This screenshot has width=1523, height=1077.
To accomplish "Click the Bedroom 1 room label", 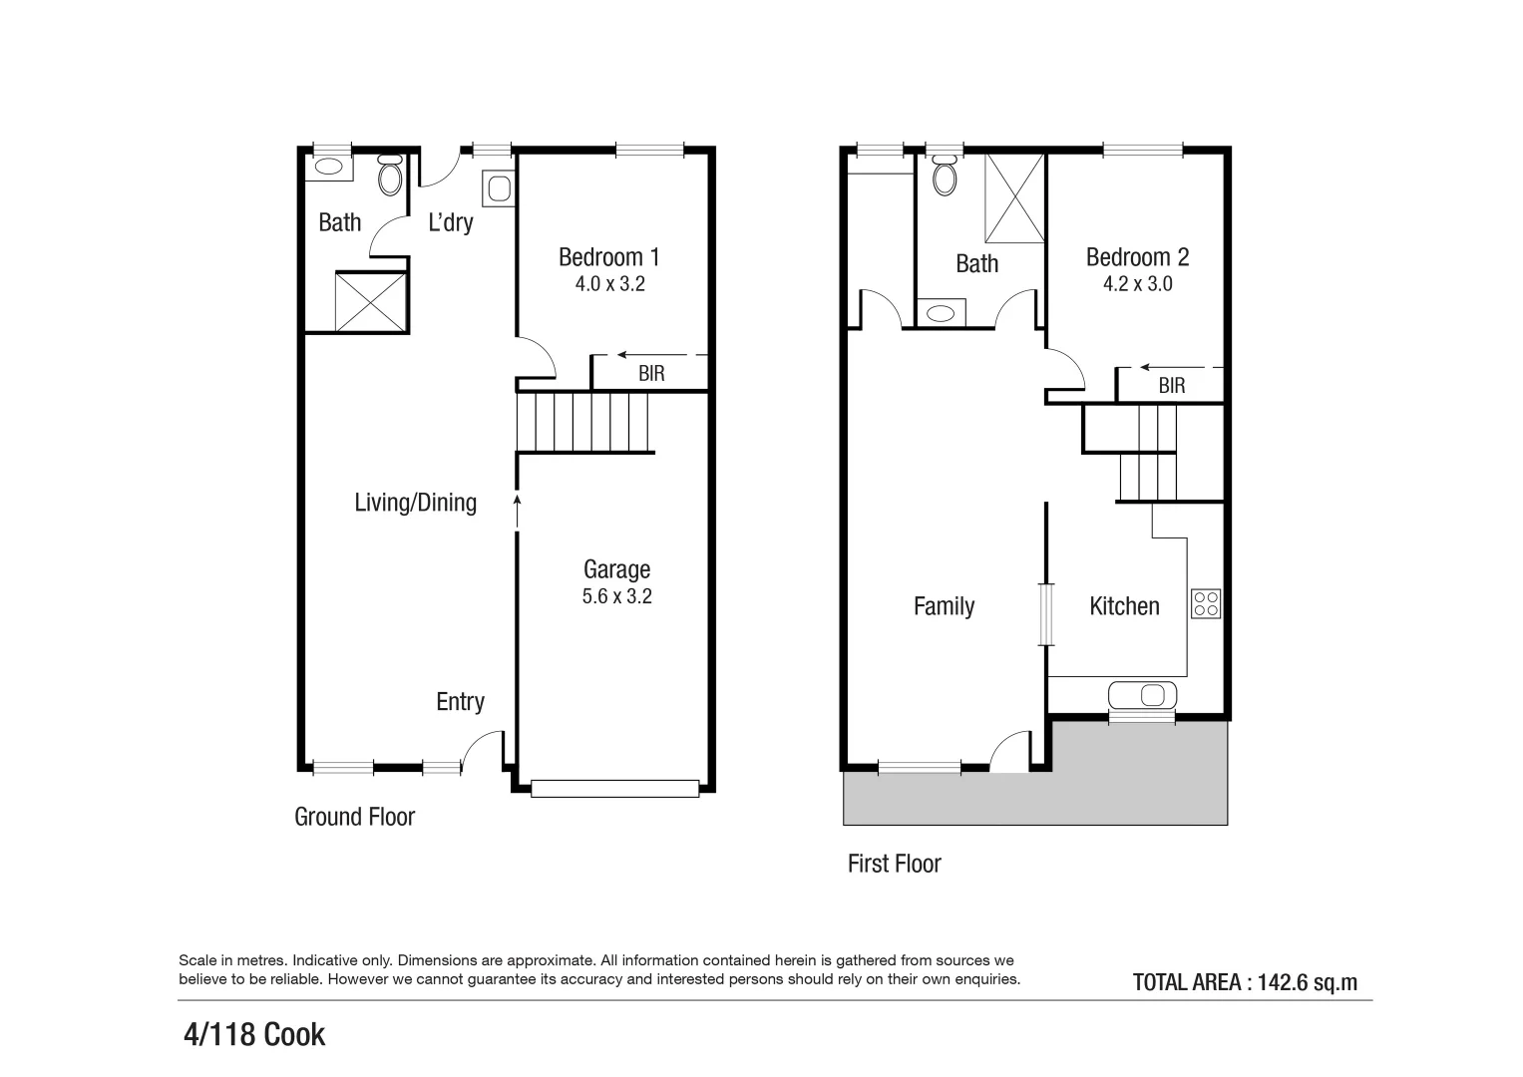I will coord(608,257).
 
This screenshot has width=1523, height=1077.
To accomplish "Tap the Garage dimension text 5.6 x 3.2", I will coord(616,596).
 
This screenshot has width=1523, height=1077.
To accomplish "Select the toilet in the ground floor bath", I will coord(390,178).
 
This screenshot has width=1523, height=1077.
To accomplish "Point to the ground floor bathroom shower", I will coord(371,301).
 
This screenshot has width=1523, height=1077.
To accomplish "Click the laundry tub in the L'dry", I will coord(499,188).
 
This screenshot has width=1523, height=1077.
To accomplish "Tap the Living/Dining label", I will coord(415,503).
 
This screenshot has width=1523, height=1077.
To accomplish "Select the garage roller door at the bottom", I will coord(614,788).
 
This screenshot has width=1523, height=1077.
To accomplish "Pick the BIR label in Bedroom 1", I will coord(651,374).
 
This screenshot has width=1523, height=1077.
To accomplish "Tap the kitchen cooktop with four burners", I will coord(1206,604).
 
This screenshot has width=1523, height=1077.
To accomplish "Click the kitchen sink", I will coord(1143,694).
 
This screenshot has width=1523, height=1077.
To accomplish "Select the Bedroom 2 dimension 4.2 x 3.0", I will coord(1137,284).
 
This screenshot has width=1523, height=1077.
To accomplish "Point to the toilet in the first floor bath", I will coord(944,177).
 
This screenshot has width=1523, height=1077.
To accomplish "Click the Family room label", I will coord(944,606).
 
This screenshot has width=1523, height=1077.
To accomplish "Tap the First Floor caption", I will coord(894,864).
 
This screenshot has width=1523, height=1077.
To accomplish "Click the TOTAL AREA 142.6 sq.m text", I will coord(1245,982).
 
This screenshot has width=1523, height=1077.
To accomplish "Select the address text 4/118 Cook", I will coord(255,1035).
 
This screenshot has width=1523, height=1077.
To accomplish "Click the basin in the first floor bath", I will coord(941,313).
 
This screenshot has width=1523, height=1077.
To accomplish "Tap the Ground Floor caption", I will coord(354,817).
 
